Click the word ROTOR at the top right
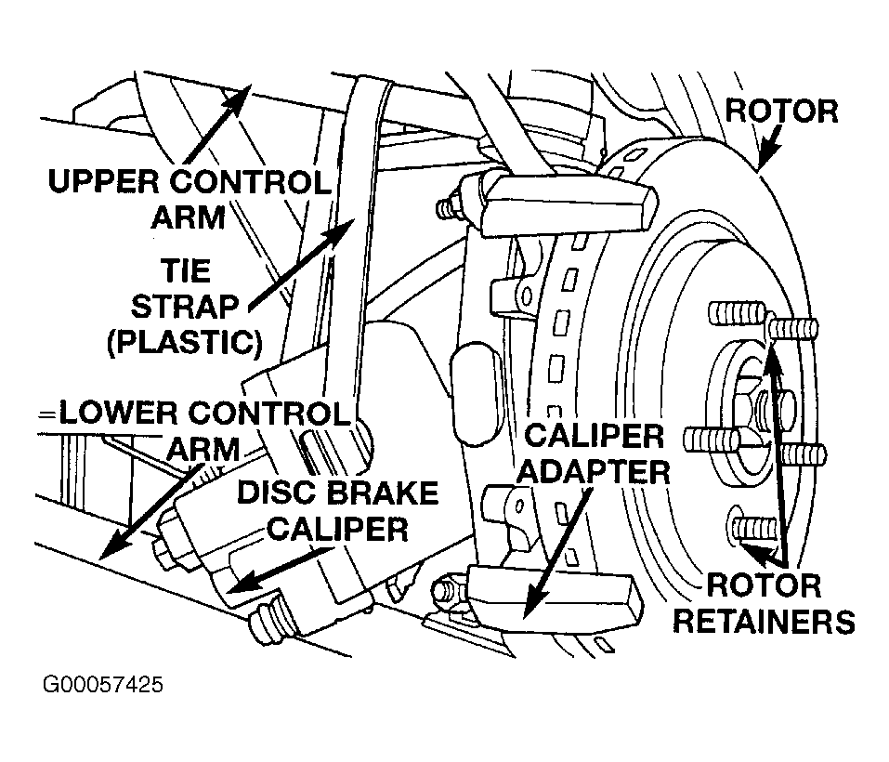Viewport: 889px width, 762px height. click(781, 112)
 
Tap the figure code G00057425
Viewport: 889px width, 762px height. click(103, 684)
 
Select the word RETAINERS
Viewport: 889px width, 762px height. click(764, 622)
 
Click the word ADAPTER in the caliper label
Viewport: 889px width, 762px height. click(595, 472)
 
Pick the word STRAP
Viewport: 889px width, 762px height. click(185, 307)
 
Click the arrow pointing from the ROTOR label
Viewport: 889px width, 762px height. click(770, 146)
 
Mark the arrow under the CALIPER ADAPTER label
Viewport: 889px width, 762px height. click(557, 552)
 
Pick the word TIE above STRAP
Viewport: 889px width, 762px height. click(185, 270)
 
